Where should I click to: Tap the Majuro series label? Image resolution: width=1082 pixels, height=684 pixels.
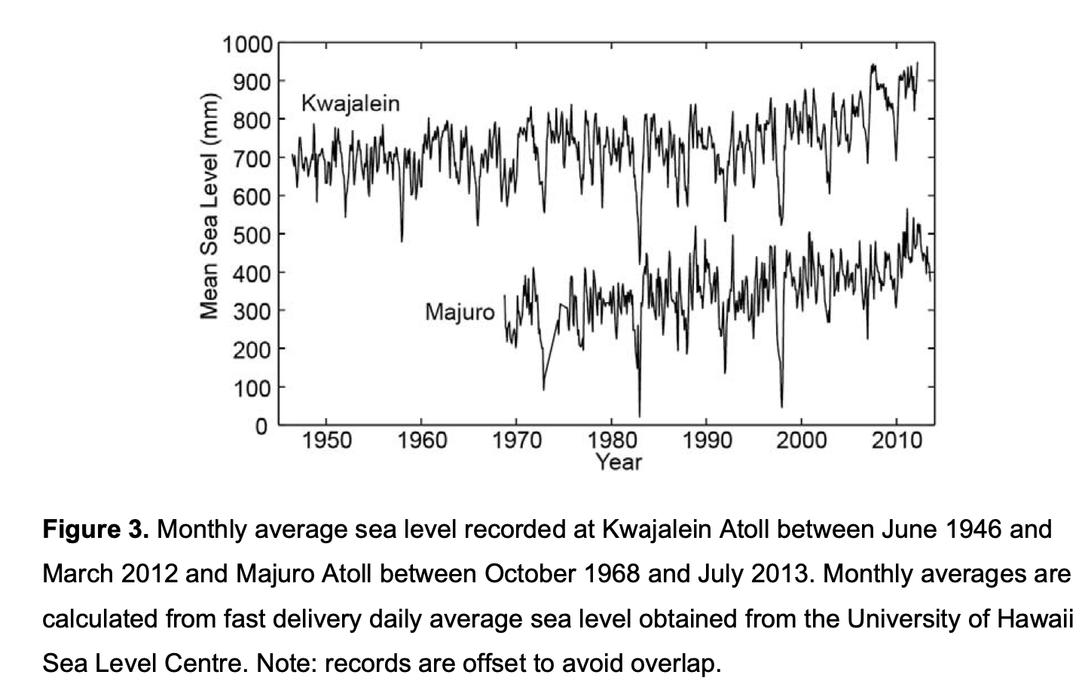tap(460, 312)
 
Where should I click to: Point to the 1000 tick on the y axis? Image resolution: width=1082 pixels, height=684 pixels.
tap(248, 45)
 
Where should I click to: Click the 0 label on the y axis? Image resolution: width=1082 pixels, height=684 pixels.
tap(261, 426)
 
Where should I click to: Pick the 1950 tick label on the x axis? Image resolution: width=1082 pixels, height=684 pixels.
tap(326, 441)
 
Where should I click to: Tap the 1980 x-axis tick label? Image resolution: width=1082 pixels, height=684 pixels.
tap(612, 441)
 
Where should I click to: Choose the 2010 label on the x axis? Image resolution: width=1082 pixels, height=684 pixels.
tap(897, 441)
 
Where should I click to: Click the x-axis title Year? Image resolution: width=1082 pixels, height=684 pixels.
tap(619, 463)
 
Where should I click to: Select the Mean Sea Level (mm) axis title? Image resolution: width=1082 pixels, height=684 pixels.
tap(209, 206)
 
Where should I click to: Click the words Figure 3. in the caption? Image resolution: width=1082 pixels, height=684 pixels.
tap(96, 530)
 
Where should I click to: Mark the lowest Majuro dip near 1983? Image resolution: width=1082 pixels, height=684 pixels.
tap(640, 415)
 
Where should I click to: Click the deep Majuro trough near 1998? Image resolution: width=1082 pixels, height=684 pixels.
tap(781, 406)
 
